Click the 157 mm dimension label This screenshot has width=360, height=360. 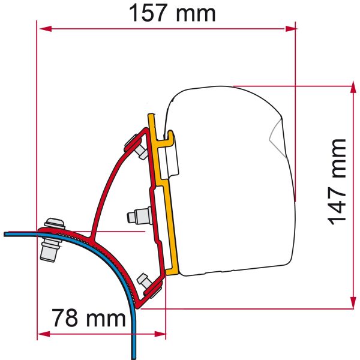172,14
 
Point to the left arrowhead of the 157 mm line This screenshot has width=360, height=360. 42,28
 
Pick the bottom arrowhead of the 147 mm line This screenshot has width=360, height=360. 351,305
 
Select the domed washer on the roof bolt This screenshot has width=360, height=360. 55,224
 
